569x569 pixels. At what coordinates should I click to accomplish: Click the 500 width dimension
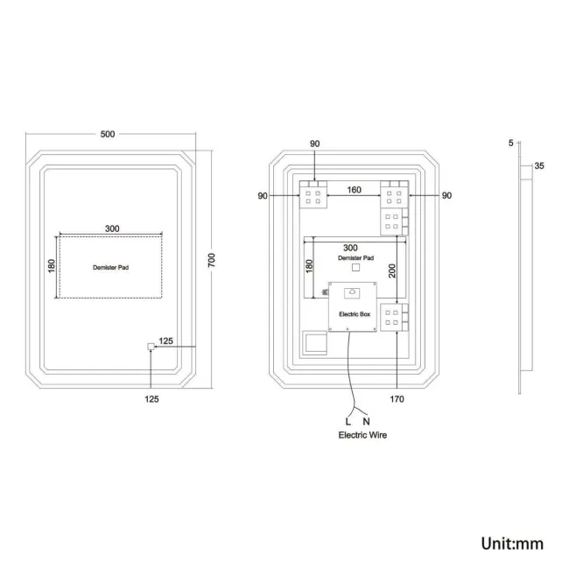[108, 134]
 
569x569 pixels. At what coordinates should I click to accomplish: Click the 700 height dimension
[211, 260]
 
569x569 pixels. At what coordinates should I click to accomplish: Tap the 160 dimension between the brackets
[354, 189]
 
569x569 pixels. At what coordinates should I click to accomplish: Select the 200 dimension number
[393, 270]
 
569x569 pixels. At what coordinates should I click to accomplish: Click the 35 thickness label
[539, 165]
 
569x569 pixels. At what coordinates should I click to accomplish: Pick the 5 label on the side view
[509, 141]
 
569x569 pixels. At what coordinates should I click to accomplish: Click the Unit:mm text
[512, 544]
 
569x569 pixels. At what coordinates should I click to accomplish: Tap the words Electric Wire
[362, 435]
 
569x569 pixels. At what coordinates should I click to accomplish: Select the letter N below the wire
[366, 421]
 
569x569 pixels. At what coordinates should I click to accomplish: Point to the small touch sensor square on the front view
[151, 347]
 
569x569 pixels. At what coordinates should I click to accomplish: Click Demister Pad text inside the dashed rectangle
[110, 267]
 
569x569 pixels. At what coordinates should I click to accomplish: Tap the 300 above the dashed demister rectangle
[112, 228]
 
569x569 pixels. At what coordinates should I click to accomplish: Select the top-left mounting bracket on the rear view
[312, 194]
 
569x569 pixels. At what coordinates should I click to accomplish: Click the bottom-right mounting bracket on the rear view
[391, 317]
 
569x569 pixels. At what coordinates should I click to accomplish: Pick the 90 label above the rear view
[315, 144]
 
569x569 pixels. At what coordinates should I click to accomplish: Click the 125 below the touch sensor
[151, 399]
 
